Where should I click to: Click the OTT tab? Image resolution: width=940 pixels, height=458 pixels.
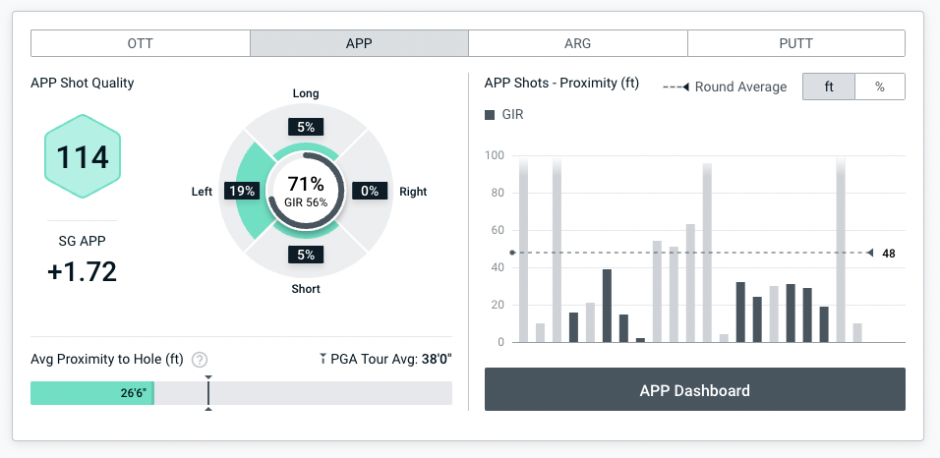[141, 43]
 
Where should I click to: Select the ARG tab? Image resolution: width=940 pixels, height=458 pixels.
[577, 43]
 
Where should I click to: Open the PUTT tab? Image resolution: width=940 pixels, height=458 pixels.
[795, 43]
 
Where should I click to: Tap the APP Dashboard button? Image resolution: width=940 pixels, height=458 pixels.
[694, 390]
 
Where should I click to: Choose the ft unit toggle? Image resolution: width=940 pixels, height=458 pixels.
[829, 86]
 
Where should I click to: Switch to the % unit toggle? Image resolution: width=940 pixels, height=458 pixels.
[879, 86]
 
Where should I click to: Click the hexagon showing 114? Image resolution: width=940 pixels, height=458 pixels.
[83, 157]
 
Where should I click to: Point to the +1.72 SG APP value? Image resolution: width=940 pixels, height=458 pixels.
[82, 272]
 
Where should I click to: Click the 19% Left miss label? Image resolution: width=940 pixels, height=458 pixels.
[241, 192]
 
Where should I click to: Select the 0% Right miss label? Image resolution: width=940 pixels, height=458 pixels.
[370, 192]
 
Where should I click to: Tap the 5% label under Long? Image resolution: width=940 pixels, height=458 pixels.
[306, 127]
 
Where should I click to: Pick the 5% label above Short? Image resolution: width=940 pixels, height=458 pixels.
[306, 256]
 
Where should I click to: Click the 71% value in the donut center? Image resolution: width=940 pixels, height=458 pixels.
[306, 184]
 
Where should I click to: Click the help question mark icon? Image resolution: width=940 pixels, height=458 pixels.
[200, 360]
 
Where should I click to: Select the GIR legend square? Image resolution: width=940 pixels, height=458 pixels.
[490, 115]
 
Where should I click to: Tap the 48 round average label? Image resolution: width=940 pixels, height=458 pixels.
[888, 254]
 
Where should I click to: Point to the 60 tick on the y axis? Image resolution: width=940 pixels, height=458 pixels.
[498, 230]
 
